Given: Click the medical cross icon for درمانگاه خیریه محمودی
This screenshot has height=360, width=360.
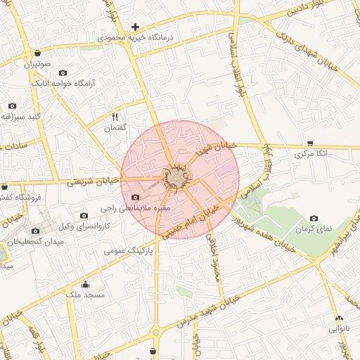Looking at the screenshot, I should tap(136, 27).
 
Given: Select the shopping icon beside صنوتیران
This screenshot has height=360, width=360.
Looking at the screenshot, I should tap(37, 53).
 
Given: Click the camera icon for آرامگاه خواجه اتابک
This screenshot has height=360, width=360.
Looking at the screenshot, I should tap(63, 72).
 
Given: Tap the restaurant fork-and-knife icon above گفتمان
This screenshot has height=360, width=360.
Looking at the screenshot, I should tap(115, 117).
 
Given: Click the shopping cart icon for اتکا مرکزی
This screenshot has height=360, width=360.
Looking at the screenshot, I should tap(310, 143).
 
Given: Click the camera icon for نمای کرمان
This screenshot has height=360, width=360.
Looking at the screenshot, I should tap(314, 219).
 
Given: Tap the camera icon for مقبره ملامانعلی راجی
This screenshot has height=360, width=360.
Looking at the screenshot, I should tap(136, 198).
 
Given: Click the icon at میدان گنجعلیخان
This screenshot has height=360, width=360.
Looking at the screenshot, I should tap(35, 231).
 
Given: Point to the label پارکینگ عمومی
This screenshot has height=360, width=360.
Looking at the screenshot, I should tap(124, 250).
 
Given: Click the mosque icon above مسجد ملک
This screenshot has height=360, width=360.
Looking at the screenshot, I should tap(86, 285).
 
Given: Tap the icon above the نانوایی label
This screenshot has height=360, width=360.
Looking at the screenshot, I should tap(339, 318).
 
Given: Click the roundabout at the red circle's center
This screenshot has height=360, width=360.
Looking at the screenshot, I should tap(177, 179).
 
